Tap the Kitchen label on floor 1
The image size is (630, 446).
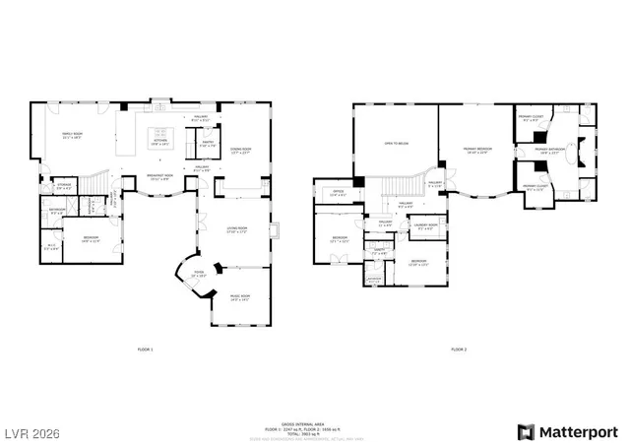(x=158, y=142)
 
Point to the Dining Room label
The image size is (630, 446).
(x=240, y=151)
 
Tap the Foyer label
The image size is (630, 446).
(x=197, y=275)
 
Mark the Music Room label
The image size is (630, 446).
(x=240, y=297)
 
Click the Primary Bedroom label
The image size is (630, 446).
(x=478, y=150)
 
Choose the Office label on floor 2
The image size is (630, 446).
(x=338, y=193)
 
